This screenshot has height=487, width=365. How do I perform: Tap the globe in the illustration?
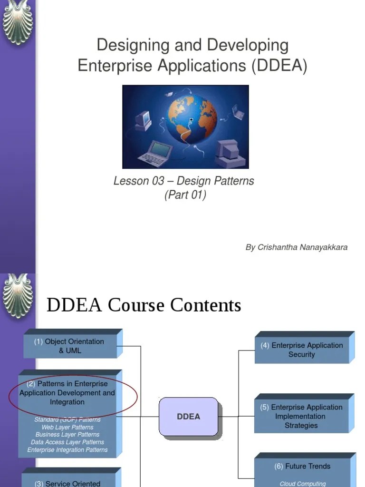(x=191, y=119)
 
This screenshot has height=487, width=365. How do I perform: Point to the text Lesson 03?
(x=136, y=181)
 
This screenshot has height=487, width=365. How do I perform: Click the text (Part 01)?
(x=185, y=195)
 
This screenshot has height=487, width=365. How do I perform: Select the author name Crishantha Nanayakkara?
(x=303, y=247)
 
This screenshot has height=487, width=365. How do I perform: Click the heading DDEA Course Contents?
(x=144, y=305)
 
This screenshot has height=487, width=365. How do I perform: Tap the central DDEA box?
(x=188, y=417)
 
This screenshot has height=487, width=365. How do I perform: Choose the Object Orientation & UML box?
(x=70, y=346)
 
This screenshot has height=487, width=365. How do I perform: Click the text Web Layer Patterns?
(x=67, y=427)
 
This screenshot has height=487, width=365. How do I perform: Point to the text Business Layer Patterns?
(x=67, y=435)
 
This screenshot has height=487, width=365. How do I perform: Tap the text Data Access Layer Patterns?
(x=67, y=442)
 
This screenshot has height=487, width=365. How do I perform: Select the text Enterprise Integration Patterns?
(x=67, y=450)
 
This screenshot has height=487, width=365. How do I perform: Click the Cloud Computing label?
(x=303, y=484)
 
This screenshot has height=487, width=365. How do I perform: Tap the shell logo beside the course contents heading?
(x=18, y=295)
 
